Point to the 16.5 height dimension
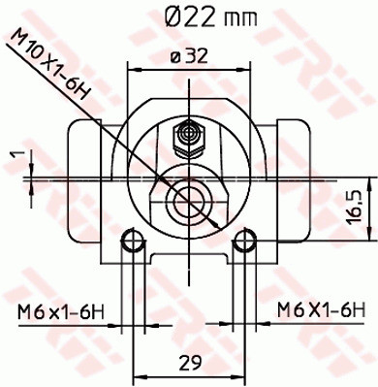357,207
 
